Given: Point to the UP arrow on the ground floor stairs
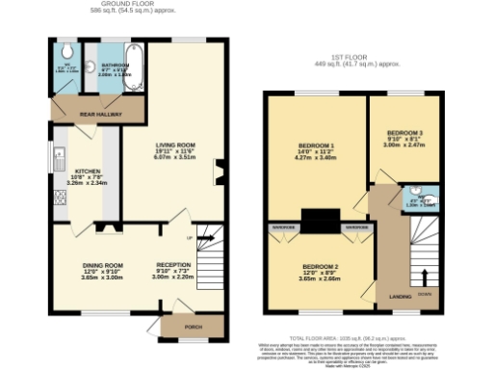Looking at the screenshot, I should pos(190,237).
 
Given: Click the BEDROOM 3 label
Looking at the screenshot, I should pos(404,133).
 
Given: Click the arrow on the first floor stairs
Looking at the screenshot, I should pos(422,280).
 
